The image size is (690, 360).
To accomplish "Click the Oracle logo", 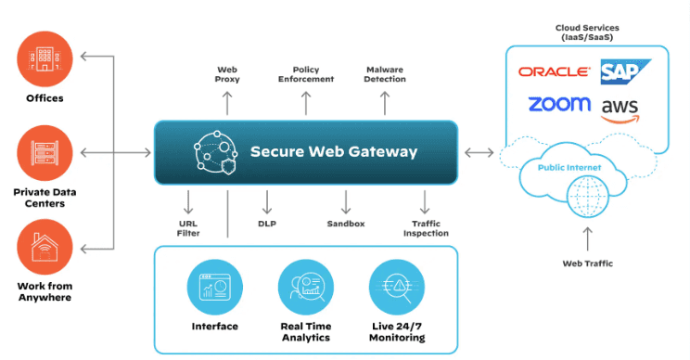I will pos(554,71).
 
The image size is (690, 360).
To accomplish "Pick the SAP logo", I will pos(625,71).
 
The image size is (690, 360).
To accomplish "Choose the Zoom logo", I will pos(559,104).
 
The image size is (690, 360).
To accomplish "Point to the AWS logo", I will pos(620,109).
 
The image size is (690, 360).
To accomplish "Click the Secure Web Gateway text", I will pos(333,151).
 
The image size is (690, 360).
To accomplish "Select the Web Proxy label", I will pos(228,74).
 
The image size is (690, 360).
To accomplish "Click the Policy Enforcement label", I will pos(305,74).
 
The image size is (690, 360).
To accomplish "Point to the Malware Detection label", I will pos(385,74).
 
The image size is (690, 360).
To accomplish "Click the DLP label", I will pos(267,224).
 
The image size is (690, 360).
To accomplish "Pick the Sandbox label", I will pos(346,224).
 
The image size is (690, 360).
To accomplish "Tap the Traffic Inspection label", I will pos(426,228).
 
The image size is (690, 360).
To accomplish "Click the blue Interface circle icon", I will pos(214,288).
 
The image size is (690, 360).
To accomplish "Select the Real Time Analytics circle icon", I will pos(305,288).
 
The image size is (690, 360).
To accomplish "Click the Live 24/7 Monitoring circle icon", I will pos(396,288).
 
